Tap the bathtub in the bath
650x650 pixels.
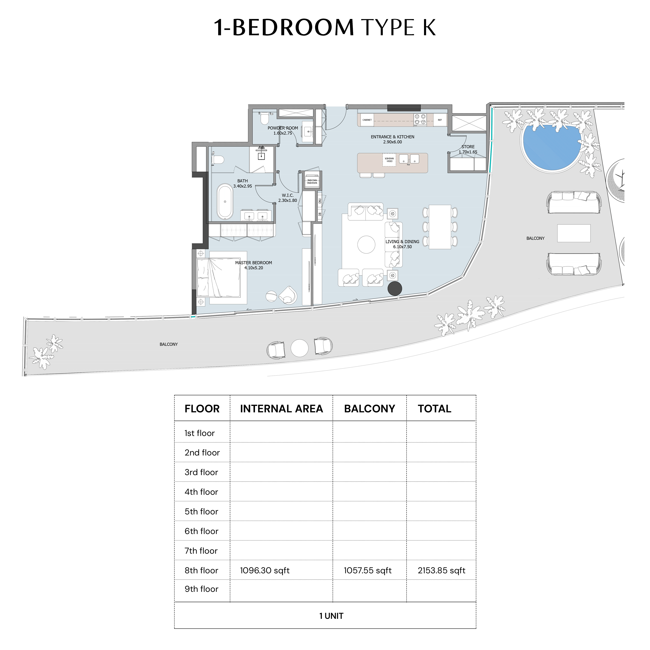[225, 201]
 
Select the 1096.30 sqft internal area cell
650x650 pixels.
[265, 570]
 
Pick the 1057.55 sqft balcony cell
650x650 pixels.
[368, 570]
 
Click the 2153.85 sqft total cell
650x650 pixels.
[441, 570]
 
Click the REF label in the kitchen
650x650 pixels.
[440, 120]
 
